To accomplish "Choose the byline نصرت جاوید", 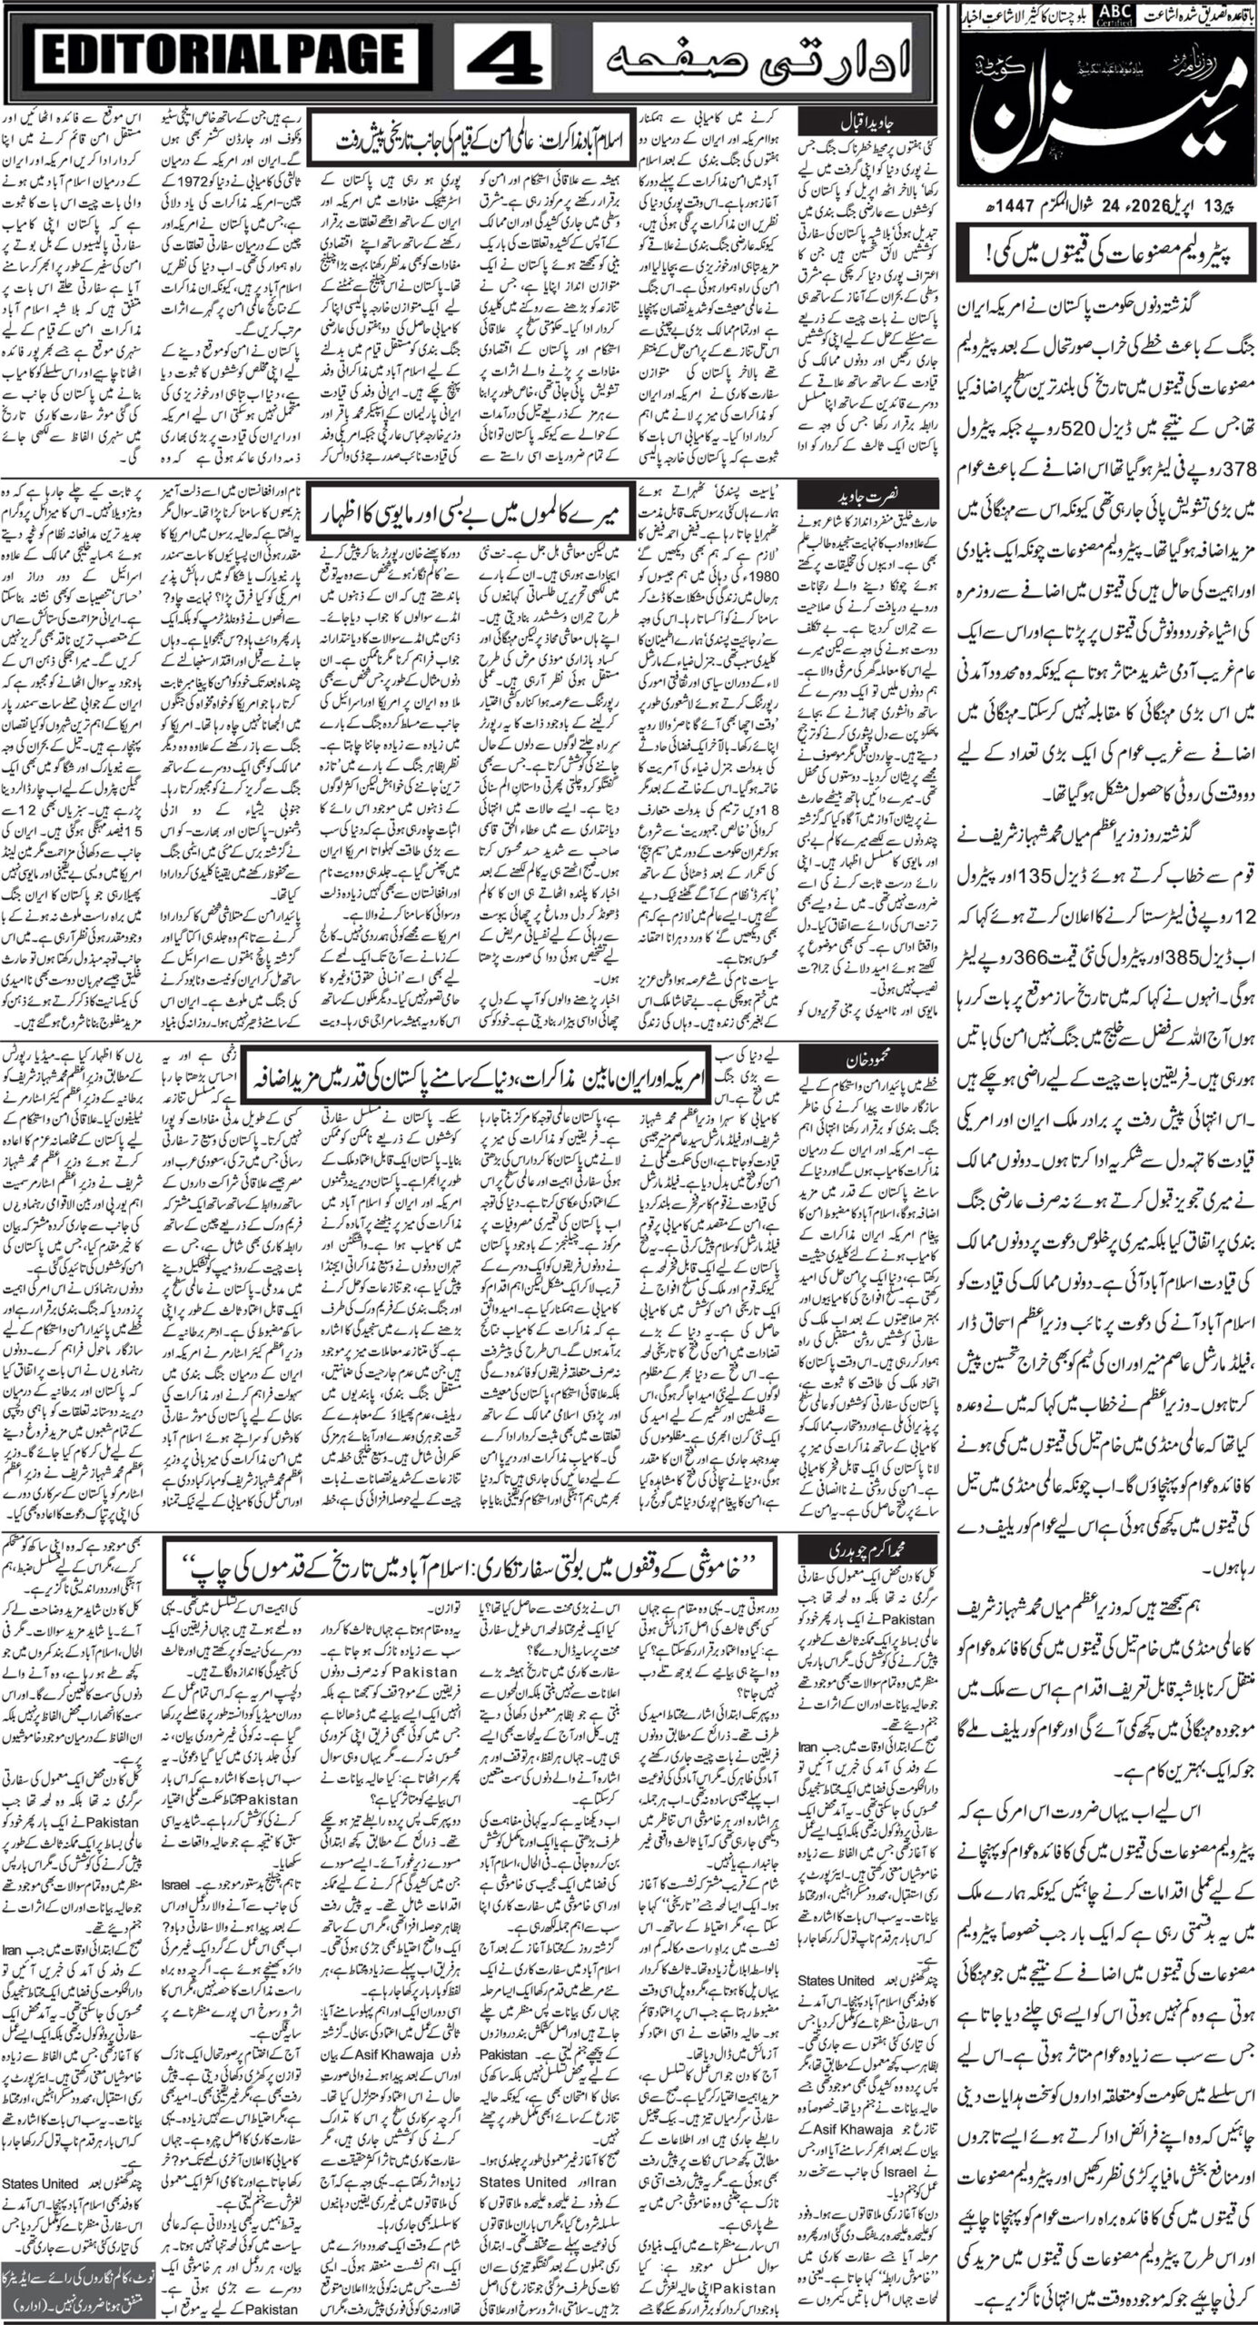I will coord(844,496).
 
